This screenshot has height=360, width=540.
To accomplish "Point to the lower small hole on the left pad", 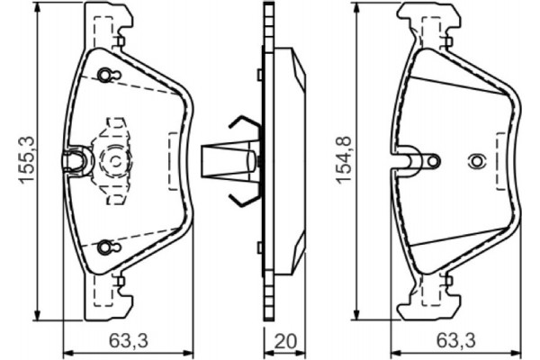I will point(106,245).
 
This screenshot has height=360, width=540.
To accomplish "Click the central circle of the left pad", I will point(116,161).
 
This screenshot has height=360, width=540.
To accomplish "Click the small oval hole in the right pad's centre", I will point(476,162).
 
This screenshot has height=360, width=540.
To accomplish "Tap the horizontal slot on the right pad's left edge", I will point(413,162).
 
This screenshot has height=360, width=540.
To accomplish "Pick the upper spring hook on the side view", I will point(241,126).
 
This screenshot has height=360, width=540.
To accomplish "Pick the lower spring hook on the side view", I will point(241,195).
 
